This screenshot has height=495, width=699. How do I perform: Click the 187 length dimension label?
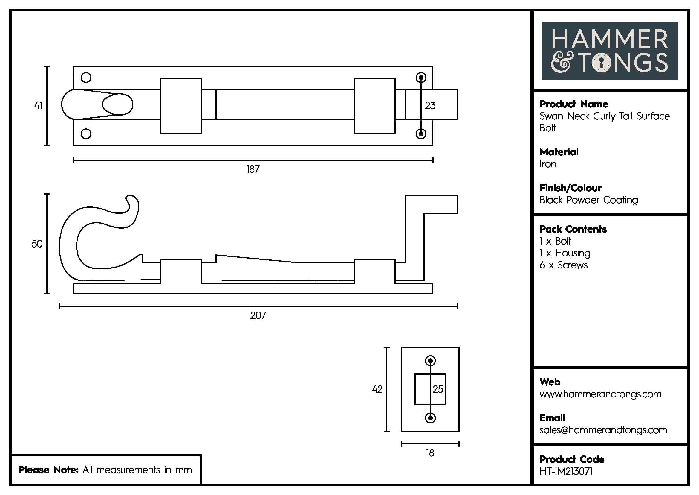[x=253, y=169]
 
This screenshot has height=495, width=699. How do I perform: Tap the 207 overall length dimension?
[x=258, y=315]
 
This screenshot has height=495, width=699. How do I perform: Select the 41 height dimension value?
[x=38, y=105]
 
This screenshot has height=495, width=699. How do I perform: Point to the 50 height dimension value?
[x=37, y=244]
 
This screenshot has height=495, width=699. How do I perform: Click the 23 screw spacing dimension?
[x=430, y=106]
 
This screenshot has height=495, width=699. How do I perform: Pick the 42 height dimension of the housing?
[x=377, y=389]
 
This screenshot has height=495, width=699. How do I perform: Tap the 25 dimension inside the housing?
[x=438, y=389]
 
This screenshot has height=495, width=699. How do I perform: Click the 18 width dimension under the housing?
[x=430, y=453]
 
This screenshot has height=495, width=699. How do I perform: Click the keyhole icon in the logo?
[x=601, y=63]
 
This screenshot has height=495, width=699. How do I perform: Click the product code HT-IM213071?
[x=566, y=472]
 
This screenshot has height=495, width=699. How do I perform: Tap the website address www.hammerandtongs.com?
[x=600, y=394]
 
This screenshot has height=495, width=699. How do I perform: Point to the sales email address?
[x=603, y=430]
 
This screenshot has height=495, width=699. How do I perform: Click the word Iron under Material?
[x=548, y=164]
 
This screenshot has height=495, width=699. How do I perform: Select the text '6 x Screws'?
[x=563, y=265]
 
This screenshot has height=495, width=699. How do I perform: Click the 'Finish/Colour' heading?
[x=570, y=188]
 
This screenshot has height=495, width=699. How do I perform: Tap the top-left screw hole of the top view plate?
[x=86, y=78]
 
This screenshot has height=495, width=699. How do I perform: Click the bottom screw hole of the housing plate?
[x=430, y=418]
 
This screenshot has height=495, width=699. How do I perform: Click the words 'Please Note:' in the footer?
[x=48, y=470]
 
